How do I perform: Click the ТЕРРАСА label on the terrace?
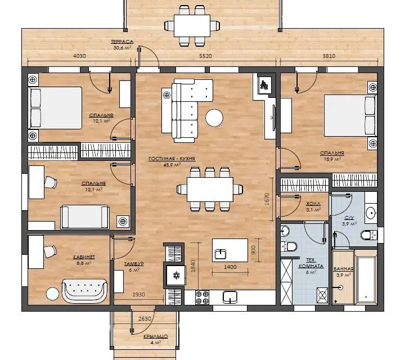122,42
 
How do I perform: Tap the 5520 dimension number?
205,56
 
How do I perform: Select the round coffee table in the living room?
214,118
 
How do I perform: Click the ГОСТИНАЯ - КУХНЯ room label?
172,159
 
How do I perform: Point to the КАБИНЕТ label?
84,257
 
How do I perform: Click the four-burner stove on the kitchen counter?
202,298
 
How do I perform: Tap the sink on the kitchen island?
220,254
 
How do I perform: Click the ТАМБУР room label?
134,264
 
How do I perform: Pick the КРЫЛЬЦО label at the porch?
156,336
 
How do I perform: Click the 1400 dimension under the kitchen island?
230,267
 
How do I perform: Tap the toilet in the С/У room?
368,235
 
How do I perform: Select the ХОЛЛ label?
313,204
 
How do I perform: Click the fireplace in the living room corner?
264,84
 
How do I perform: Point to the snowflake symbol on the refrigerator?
177,275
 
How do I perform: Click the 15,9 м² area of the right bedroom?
332,159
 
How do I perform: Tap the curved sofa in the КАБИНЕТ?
84,290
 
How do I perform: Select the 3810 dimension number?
329,56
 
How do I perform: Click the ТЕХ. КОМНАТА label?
311,263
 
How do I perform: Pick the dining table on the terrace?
192,26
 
